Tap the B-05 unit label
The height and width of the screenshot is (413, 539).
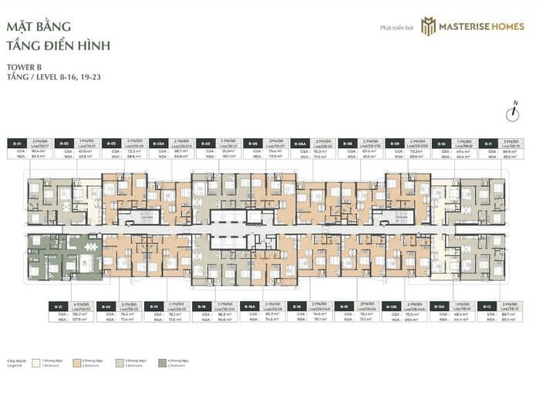point(206,143)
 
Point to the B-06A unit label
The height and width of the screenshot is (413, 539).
point(302,143)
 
